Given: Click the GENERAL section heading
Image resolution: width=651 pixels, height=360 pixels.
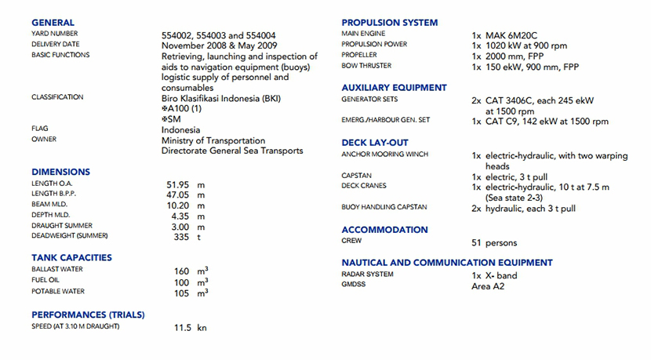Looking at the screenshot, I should [x=53, y=23].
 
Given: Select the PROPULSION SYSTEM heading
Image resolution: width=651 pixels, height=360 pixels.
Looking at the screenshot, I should [x=389, y=23].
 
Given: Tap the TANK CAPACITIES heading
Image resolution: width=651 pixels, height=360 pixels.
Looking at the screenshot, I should [x=71, y=257].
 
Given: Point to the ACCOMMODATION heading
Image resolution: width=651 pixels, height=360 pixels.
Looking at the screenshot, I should [x=384, y=230].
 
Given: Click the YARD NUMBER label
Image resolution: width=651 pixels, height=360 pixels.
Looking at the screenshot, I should [x=54, y=34].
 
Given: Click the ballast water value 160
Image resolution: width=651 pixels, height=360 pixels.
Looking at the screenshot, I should [x=182, y=271].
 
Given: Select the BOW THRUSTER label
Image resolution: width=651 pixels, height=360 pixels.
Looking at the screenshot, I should [x=366, y=66].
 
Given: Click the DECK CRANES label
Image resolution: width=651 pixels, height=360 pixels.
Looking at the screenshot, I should [x=364, y=186].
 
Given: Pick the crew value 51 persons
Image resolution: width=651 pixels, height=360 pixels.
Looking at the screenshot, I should [x=494, y=243].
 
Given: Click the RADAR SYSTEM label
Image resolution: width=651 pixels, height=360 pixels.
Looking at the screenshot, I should [x=367, y=275].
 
